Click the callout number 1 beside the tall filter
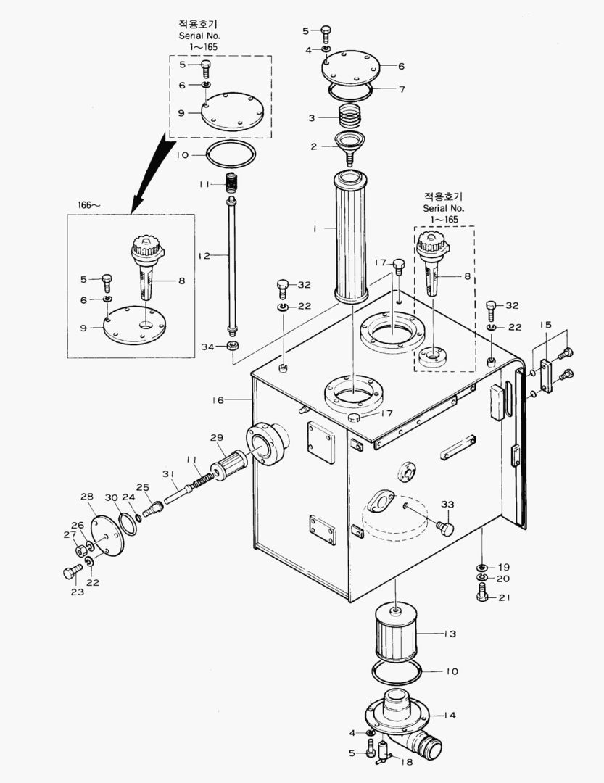click(315, 228)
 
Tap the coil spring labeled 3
click(350, 115)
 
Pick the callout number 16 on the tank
click(218, 400)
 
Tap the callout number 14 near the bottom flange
click(450, 716)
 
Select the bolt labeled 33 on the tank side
click(444, 528)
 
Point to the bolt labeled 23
click(70, 573)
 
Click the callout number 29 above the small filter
click(217, 438)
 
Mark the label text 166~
click(90, 205)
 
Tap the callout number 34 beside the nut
click(207, 347)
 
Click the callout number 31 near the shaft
click(168, 474)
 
